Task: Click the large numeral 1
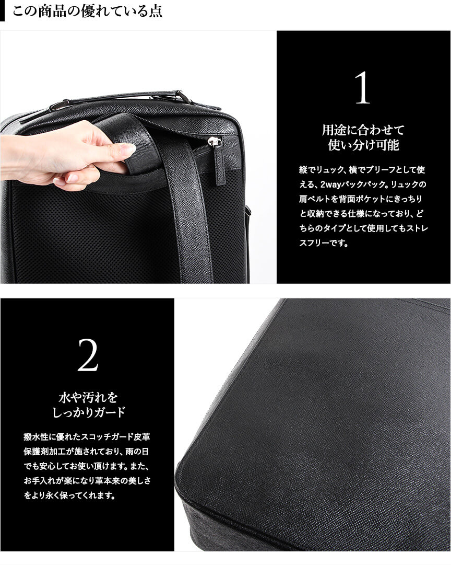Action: point(363,88)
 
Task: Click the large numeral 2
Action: point(88,355)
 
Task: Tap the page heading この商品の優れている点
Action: point(87,11)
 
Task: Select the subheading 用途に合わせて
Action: point(363,130)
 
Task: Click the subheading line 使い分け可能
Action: point(363,145)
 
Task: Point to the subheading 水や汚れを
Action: point(88,398)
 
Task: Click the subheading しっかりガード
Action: point(89,412)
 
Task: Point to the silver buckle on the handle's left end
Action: point(57,106)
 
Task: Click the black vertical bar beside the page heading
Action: point(2,11)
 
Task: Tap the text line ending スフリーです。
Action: point(324,243)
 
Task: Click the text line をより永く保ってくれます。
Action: point(70,495)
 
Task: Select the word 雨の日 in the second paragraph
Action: point(138,452)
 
